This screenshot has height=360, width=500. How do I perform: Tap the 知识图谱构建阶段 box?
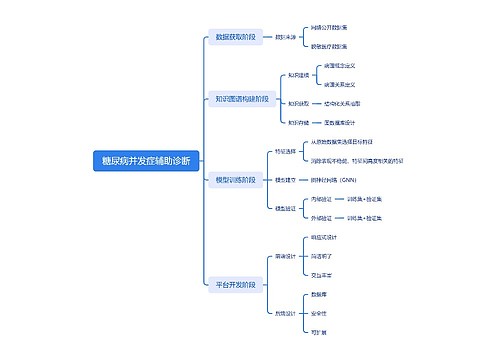[x=241, y=99]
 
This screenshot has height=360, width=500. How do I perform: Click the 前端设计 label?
[x=286, y=256]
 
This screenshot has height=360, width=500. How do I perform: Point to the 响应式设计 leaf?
[x=325, y=237]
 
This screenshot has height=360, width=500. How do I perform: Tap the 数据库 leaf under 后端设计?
[x=318, y=295]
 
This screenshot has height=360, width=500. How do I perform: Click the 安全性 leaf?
[x=318, y=312]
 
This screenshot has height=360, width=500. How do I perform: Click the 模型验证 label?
[x=286, y=208]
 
